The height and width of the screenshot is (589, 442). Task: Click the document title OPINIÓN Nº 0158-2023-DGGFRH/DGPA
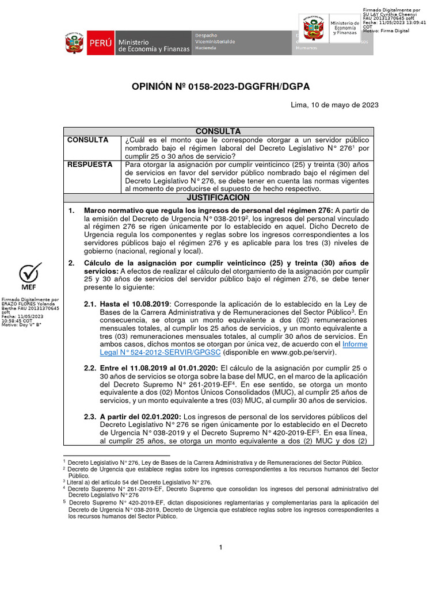coord(221,86)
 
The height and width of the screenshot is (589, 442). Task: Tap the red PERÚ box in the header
coord(100,43)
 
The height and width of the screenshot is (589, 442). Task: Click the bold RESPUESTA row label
coord(90,165)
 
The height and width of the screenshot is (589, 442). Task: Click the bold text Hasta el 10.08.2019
coord(134,303)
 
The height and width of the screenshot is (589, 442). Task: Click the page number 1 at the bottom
coord(220,547)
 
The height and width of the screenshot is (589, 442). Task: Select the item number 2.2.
coord(90,368)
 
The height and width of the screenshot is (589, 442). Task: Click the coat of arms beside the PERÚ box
coord(74,43)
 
